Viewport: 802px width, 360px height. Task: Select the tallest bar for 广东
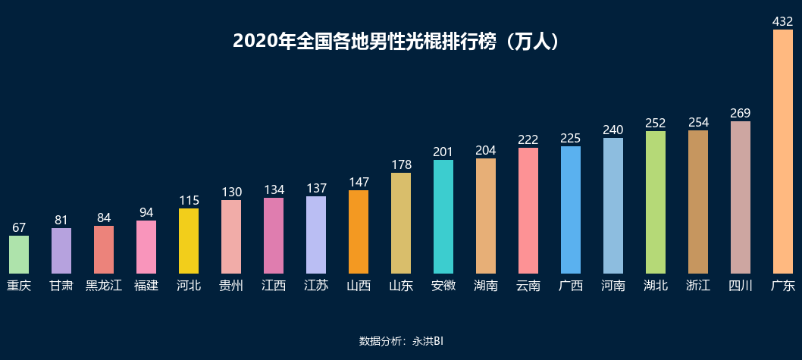click(x=782, y=152)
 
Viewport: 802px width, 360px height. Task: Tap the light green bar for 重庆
click(x=19, y=255)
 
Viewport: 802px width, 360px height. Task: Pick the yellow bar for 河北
click(x=189, y=241)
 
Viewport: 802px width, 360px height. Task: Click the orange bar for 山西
click(x=359, y=232)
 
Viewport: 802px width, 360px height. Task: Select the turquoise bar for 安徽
click(x=443, y=217)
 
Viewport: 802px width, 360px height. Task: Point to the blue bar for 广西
click(x=571, y=210)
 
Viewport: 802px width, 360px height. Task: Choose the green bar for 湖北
click(x=656, y=202)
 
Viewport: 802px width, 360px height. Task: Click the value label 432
click(x=782, y=22)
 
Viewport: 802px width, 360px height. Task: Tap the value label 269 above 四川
click(x=740, y=113)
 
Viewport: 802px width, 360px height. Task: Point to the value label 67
click(x=19, y=227)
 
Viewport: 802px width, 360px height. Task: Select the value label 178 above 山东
click(x=401, y=164)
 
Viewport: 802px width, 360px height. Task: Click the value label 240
click(x=612, y=130)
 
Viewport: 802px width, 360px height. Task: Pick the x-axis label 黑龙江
click(x=104, y=286)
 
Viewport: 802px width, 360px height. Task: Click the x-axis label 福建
click(x=146, y=286)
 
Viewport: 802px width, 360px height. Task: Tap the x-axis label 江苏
click(x=316, y=286)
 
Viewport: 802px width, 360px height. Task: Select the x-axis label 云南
click(x=528, y=286)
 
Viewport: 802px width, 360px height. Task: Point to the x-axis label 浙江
click(x=698, y=286)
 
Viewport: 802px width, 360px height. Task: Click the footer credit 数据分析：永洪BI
click(x=400, y=341)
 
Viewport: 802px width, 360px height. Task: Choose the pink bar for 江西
click(x=274, y=236)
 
